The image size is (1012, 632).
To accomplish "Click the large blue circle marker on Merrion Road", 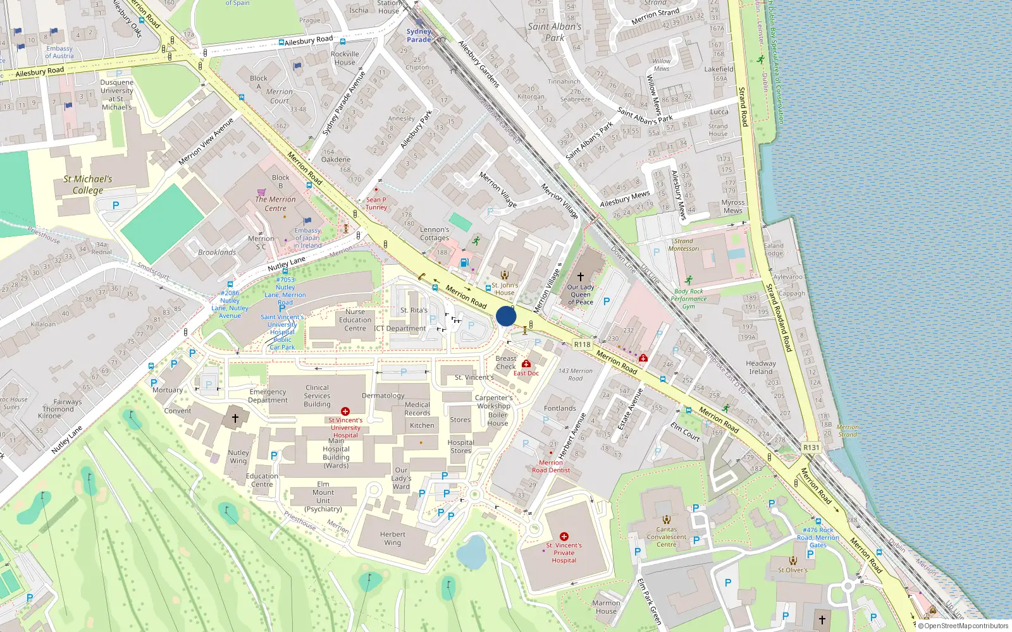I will tap(506, 316).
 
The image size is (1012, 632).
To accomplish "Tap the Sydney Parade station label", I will tap(419, 35).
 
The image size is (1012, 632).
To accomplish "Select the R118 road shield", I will tap(582, 344).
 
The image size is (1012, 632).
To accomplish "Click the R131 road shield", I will tap(811, 447).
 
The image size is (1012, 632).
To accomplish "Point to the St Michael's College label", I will tap(88, 185).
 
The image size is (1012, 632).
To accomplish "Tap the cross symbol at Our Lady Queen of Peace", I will tap(580, 277).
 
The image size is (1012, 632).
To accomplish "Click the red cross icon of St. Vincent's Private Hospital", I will tap(564, 536).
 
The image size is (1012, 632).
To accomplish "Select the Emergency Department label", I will tap(268, 396).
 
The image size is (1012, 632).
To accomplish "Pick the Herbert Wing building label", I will tap(393, 538).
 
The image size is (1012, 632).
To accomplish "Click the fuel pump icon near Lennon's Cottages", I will tap(465, 262).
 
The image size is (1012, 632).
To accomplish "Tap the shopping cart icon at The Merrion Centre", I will tap(261, 191).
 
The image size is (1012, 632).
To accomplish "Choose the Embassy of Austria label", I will tap(59, 52).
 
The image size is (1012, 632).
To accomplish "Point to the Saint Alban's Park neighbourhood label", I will tap(555, 32).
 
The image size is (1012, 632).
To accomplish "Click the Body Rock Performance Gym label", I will tap(688, 299).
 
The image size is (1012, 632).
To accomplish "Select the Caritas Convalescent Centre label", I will tap(666, 537).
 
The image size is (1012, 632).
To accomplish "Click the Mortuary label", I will tap(168, 390).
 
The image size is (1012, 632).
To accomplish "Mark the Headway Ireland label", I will tap(761, 367).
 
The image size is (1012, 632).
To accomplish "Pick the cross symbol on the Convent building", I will tap(235, 418).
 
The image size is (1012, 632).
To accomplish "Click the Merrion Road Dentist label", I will tap(551, 466).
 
